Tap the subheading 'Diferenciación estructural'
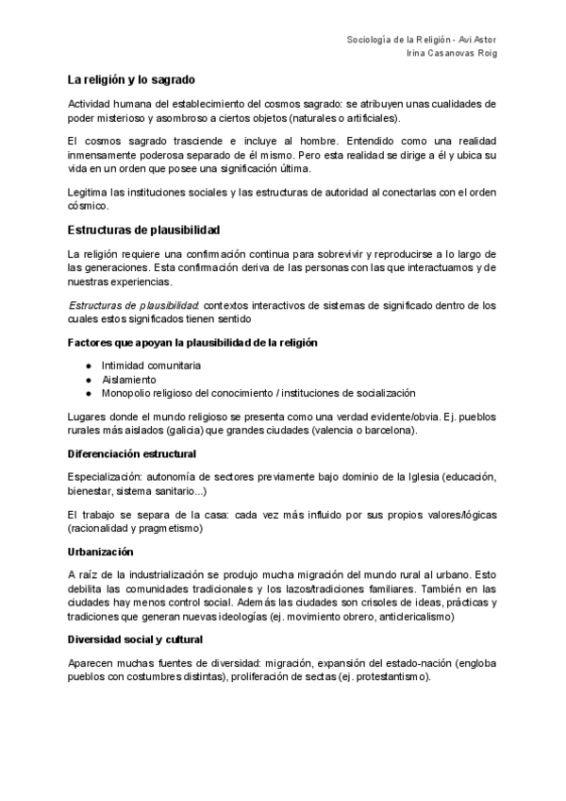pos(132,453)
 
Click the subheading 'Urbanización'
pos(101,552)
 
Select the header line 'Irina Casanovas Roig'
pos(450,54)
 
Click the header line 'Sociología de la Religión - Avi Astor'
pos(423,40)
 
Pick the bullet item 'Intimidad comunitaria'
pos(152,365)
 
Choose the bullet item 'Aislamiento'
pos(130,379)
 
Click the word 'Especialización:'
pos(104,478)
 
